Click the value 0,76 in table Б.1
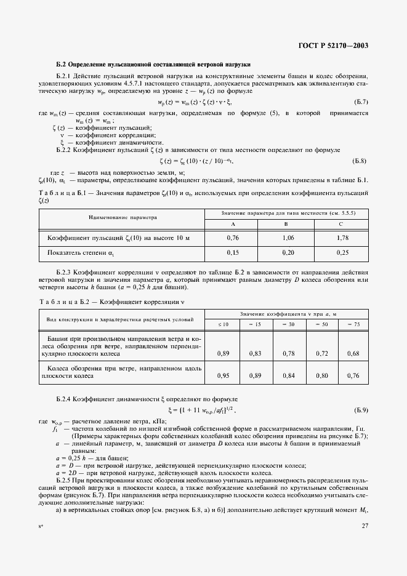(x=233, y=237)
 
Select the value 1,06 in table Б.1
(x=288, y=237)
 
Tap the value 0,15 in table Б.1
(x=233, y=252)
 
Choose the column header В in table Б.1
(x=288, y=223)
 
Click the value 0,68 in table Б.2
(x=353, y=353)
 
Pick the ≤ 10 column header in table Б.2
(x=225, y=324)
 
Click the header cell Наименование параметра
(x=123, y=217)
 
